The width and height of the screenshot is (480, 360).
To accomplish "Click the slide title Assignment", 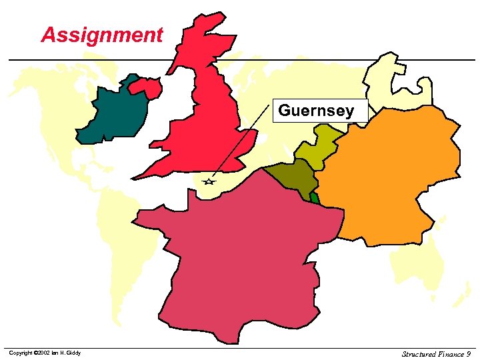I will [101, 35].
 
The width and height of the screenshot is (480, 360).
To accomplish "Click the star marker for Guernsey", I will [209, 181].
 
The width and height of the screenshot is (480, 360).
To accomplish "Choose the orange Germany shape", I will [393, 173].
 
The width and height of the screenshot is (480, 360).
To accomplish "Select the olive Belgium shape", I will [293, 179].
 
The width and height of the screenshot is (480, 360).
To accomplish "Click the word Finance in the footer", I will [452, 353].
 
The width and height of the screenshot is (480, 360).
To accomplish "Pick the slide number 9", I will [469, 353].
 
